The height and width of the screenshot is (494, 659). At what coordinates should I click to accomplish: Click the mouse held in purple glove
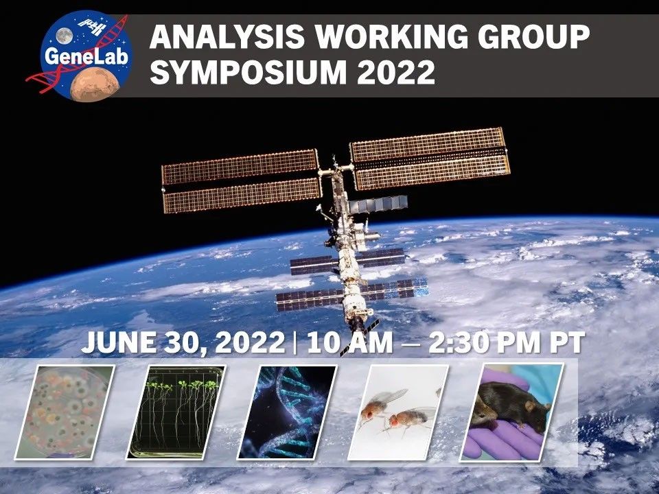pos(511,410)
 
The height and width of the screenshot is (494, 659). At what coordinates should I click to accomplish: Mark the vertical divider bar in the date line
pos(295,342)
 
